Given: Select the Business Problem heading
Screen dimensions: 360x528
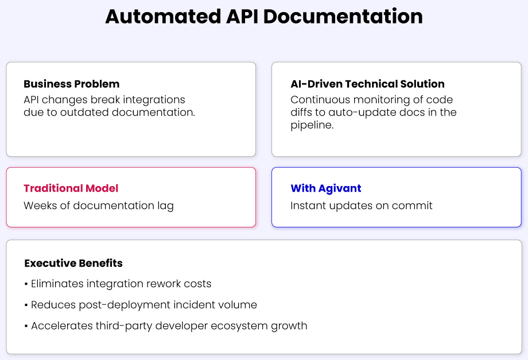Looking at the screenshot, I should [x=72, y=84].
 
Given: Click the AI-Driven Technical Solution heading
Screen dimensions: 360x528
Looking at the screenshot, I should [x=367, y=84].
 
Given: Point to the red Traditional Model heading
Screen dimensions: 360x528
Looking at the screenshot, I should [x=71, y=188].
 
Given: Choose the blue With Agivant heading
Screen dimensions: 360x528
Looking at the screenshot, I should [x=326, y=188].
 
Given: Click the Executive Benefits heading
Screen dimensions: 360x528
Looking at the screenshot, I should [x=73, y=264].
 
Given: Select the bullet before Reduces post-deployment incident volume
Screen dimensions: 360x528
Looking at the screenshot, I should [x=26, y=305].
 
